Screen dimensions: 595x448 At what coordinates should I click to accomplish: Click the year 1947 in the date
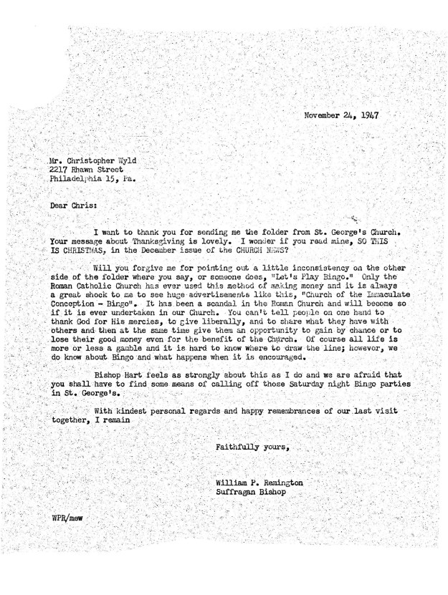coord(366,115)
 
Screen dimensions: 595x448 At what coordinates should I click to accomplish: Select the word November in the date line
coord(323,115)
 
